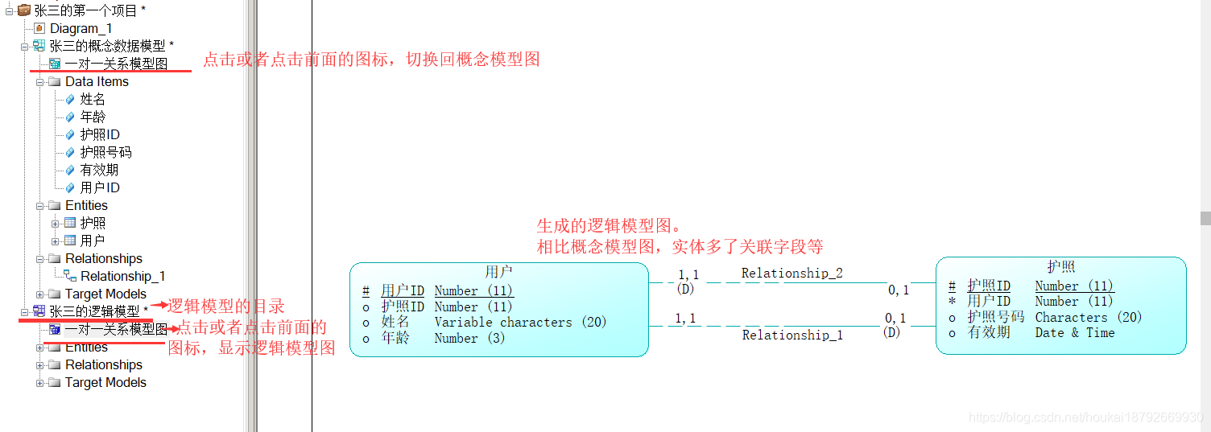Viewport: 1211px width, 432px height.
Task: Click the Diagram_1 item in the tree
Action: point(81,28)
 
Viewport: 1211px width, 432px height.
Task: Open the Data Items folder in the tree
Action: point(97,81)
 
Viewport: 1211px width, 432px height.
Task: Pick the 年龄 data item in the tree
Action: point(93,117)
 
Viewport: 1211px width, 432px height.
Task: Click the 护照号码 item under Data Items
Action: point(105,152)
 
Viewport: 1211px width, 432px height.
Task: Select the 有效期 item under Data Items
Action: point(99,170)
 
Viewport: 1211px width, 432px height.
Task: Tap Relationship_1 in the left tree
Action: point(122,276)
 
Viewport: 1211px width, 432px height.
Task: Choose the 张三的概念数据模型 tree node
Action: point(107,46)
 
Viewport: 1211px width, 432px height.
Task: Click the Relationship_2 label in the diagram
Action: point(791,274)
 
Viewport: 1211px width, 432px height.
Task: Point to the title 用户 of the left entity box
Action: point(498,272)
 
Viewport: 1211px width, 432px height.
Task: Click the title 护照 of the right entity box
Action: point(1060,267)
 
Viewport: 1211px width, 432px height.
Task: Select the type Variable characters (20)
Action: point(520,322)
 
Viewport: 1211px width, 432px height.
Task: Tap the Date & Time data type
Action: point(1074,332)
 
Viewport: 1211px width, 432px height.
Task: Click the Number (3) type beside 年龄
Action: point(469,338)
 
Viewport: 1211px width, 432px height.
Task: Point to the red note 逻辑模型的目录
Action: point(225,306)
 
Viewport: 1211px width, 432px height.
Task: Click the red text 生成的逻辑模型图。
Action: point(609,226)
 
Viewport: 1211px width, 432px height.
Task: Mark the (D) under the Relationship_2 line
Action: point(685,288)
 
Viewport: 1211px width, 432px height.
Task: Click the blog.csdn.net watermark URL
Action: point(1086,418)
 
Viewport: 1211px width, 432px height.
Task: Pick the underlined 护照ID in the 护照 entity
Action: point(989,286)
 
